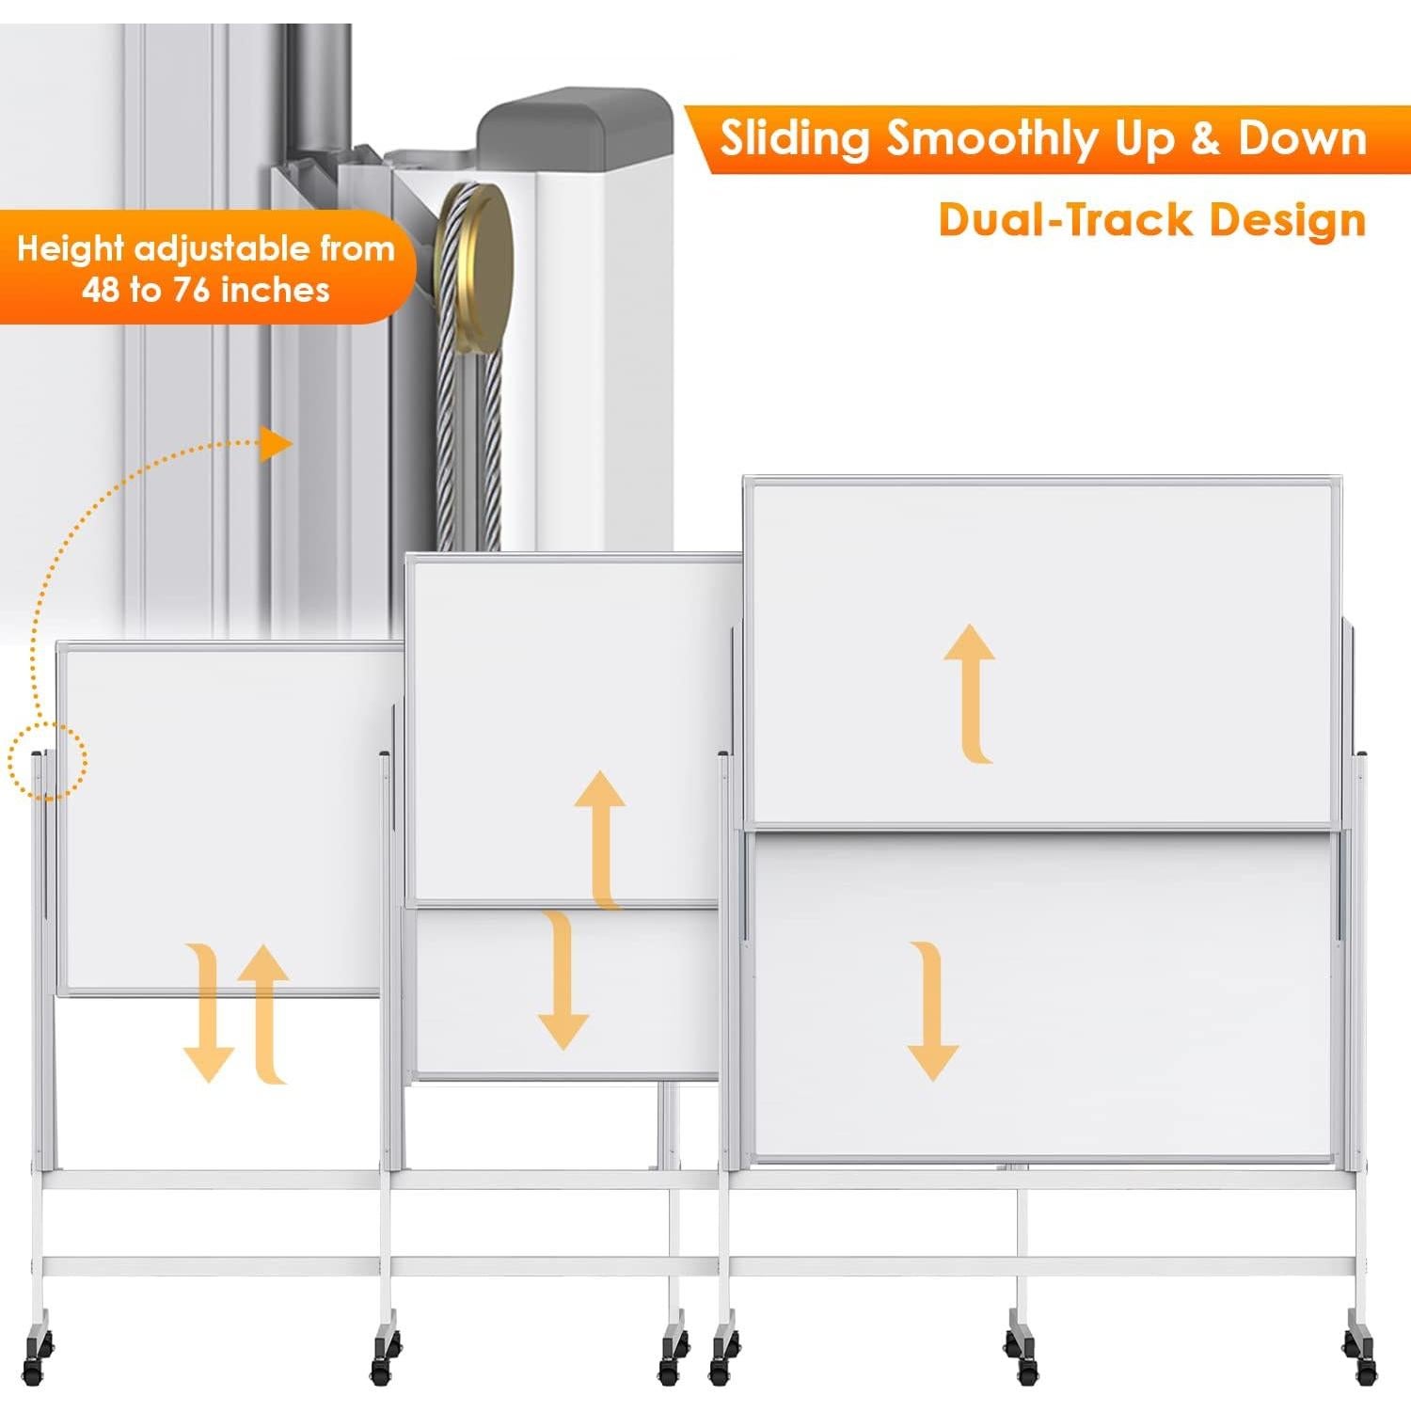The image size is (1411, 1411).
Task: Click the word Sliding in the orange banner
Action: pyautogui.click(x=794, y=139)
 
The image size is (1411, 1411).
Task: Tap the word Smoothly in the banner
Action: pyautogui.click(x=991, y=139)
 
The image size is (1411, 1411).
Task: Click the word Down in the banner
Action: pyautogui.click(x=1302, y=138)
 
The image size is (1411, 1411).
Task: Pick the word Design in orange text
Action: pyautogui.click(x=1288, y=220)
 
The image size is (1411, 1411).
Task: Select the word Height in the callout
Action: pyautogui.click(x=71, y=249)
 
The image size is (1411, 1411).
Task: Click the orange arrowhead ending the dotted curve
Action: pyautogui.click(x=276, y=444)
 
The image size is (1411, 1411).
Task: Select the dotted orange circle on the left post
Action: pyautogui.click(x=47, y=760)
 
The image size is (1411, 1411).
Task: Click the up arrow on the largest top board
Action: pyautogui.click(x=970, y=692)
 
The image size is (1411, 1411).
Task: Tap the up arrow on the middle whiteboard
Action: pyautogui.click(x=601, y=837)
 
